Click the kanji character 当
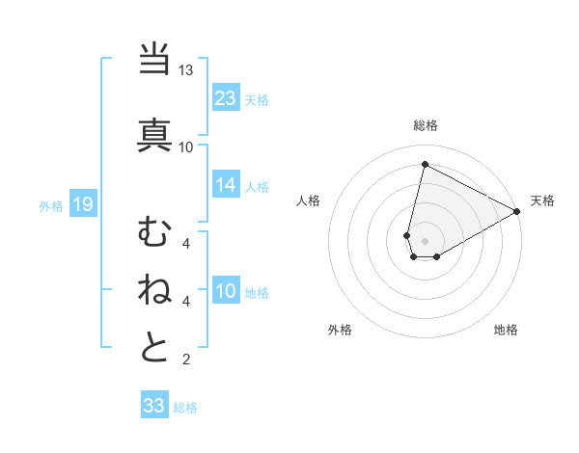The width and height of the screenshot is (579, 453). tap(154, 60)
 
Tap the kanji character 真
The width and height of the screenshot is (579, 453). tap(154, 133)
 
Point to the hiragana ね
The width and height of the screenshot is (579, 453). tap(154, 288)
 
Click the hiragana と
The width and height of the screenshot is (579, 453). tap(154, 348)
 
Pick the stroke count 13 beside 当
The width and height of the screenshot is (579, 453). tap(186, 71)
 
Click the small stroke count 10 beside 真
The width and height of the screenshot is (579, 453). tap(186, 147)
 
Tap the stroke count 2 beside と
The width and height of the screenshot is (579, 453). tap(186, 360)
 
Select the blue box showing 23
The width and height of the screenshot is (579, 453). tap(226, 97)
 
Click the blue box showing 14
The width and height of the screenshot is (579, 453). tap(226, 185)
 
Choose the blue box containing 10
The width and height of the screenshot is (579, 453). tap(226, 292)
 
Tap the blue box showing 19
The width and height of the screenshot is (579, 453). tap(83, 203)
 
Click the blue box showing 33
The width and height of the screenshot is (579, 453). tap(154, 406)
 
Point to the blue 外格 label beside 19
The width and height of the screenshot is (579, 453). tap(51, 204)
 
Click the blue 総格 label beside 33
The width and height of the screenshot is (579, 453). tap(186, 407)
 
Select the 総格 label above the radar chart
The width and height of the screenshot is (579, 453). tap(425, 125)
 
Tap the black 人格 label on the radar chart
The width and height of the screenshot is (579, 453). tap(309, 200)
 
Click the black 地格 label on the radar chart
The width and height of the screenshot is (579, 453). tap(506, 330)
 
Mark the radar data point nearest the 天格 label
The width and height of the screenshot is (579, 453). tap(517, 211)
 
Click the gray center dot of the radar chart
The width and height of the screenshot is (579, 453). tap(425, 240)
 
